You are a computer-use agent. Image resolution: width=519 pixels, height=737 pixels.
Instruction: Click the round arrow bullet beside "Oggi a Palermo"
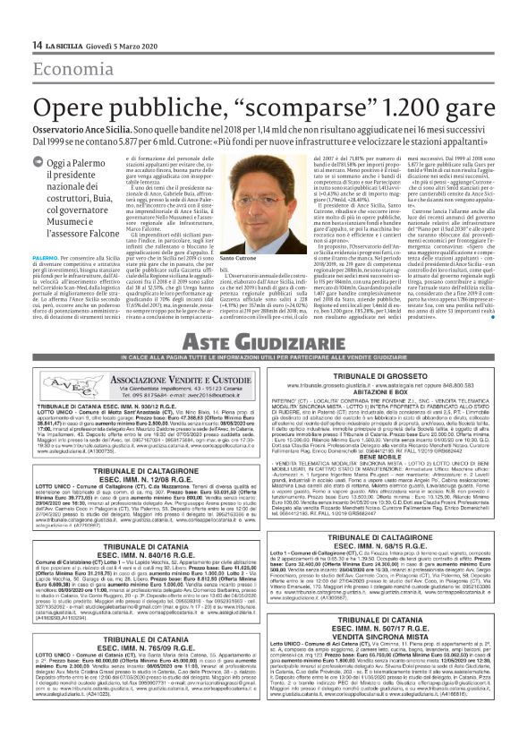38,162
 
